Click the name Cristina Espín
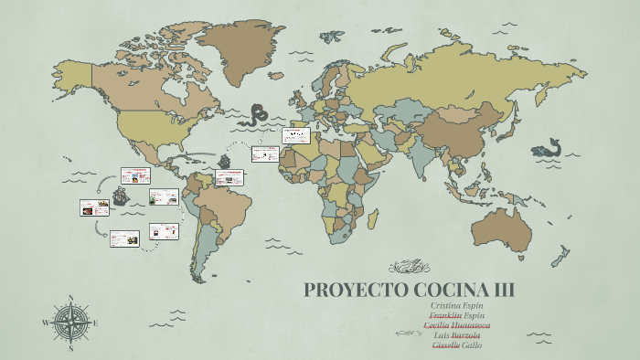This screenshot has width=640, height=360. pyautogui.click(x=456, y=305)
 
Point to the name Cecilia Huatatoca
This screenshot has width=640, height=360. pyautogui.click(x=456, y=325)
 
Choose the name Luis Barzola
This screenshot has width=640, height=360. pyautogui.click(x=456, y=335)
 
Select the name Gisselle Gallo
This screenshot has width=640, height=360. pyautogui.click(x=456, y=345)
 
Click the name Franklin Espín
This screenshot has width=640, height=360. pyautogui.click(x=456, y=315)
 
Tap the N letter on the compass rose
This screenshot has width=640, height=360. pyautogui.click(x=70, y=298)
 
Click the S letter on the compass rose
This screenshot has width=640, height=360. pyautogui.click(x=70, y=347)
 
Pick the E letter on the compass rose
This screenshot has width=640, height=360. pyautogui.click(x=95, y=323)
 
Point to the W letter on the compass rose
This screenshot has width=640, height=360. pyautogui.click(x=46, y=323)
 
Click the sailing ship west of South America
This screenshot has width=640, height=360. pyautogui.click(x=120, y=196)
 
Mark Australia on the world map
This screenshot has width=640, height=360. pyautogui.click(x=505, y=228)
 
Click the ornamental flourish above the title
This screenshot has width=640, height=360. pyautogui.click(x=409, y=267)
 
